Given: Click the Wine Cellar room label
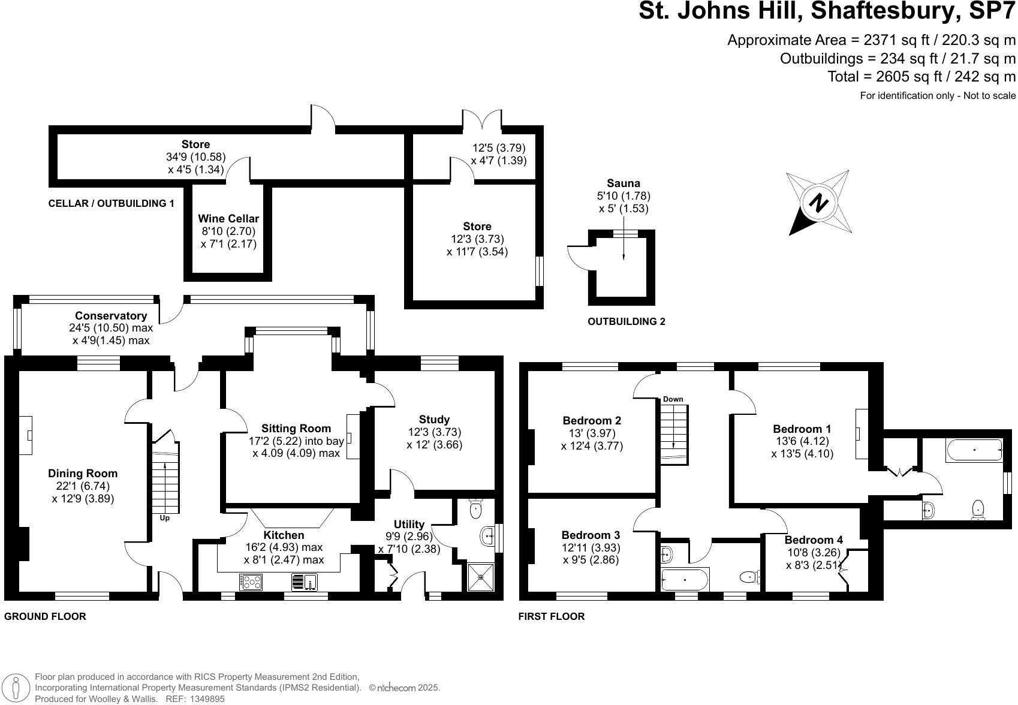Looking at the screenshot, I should pos(228,219).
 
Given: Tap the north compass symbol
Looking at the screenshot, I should pos(819,202).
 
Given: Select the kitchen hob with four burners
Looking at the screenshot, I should pos(251,582).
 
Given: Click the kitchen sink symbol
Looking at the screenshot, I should pos(305,582).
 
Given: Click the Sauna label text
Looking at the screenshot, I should pos(624,183).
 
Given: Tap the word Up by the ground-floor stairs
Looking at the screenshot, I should pos(164,517).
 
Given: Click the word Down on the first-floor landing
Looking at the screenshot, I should pos(673,399).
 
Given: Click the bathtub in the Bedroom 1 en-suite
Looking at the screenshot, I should pos(974,450).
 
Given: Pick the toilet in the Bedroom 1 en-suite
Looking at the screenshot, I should pos(978,510).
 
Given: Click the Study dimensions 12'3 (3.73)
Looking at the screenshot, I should pos(434,432).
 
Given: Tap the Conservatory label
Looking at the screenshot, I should pos(111,316).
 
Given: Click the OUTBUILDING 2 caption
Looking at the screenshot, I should pos(626,321).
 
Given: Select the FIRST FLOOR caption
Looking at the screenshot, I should pos(551,616).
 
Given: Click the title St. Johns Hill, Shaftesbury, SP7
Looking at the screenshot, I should pos(827,11).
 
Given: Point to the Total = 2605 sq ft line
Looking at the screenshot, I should pos(921,77).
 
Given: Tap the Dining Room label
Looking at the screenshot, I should pos(83,474).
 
